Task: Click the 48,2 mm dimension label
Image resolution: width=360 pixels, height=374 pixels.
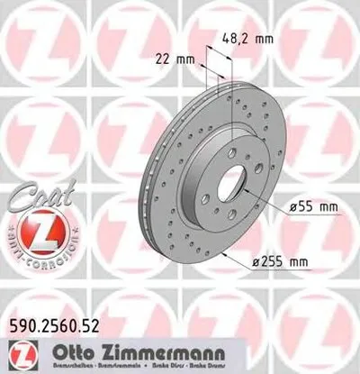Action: click(247, 39)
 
